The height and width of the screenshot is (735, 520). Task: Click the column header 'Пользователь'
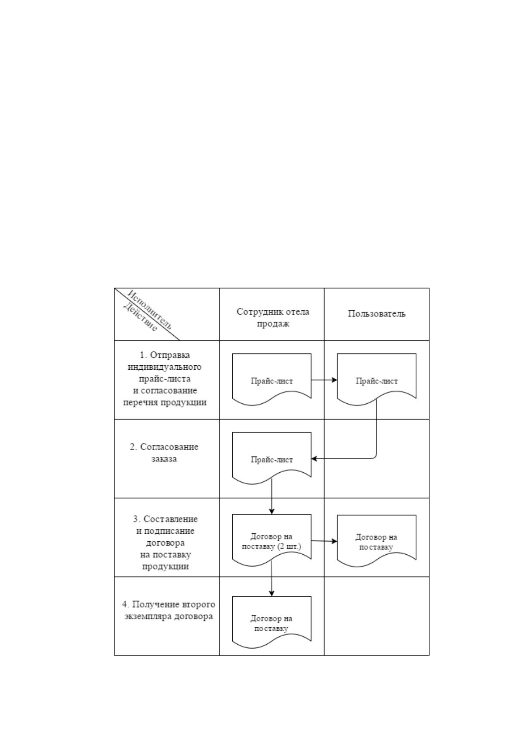[376, 314]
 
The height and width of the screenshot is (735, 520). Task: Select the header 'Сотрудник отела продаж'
[273, 317]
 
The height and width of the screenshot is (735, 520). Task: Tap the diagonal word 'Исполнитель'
[150, 309]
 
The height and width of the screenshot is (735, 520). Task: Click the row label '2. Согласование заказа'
[164, 453]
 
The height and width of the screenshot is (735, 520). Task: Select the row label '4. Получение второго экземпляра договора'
[169, 610]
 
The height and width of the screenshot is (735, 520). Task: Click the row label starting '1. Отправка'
[165, 379]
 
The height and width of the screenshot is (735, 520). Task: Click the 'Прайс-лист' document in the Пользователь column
[376, 380]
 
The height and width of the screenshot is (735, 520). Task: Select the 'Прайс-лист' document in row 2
[272, 458]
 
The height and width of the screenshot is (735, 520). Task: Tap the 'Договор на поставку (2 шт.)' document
[272, 540]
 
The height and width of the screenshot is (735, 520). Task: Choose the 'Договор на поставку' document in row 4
[272, 622]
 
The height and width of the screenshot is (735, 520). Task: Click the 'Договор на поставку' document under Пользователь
[376, 541]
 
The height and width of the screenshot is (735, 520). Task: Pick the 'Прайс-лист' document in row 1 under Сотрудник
[272, 380]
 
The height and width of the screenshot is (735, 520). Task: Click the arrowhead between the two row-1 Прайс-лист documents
[334, 380]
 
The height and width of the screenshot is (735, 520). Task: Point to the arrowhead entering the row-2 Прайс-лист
[314, 459]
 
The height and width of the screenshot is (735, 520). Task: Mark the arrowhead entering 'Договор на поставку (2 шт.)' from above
[272, 511]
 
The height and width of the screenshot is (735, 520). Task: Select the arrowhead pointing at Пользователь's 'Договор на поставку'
[334, 541]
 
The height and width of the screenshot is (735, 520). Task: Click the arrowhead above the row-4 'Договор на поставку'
[272, 593]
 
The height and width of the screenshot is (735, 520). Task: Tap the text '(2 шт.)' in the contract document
[289, 546]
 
